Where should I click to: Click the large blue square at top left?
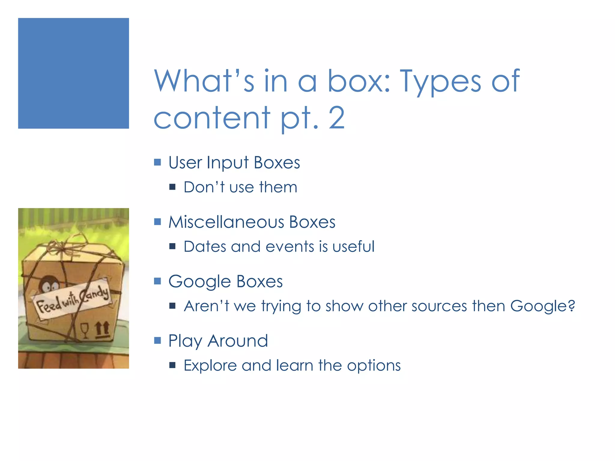click(x=73, y=73)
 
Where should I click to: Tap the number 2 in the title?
click(x=336, y=118)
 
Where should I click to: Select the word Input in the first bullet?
click(x=228, y=163)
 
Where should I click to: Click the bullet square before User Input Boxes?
click(x=157, y=162)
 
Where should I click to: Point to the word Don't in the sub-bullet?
click(x=204, y=187)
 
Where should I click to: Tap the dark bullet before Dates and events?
click(x=172, y=246)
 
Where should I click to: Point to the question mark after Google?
click(x=571, y=306)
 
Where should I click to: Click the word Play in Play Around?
click(x=185, y=341)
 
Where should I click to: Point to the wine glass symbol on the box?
click(x=85, y=330)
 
